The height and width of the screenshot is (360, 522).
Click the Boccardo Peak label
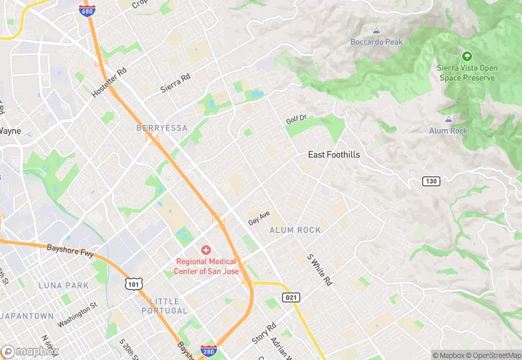click(x=376, y=42)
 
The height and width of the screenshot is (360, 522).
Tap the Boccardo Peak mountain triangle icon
click(x=376, y=31)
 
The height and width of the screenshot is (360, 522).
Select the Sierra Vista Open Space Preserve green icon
click(x=467, y=56)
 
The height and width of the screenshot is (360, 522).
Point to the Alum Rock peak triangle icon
click(x=449, y=120)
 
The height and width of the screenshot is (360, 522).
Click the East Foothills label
click(x=334, y=155)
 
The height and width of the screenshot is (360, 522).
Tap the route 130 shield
click(x=431, y=180)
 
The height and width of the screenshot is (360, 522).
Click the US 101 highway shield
click(x=133, y=283)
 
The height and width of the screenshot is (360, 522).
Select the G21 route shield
click(x=291, y=296)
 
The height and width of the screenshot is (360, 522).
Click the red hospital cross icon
click(x=206, y=250)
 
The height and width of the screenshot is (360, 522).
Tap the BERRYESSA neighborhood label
click(x=161, y=128)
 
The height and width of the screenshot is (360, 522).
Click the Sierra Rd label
click(x=174, y=84)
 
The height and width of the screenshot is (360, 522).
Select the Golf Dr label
click(x=296, y=120)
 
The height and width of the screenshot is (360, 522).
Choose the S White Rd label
click(x=319, y=270)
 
